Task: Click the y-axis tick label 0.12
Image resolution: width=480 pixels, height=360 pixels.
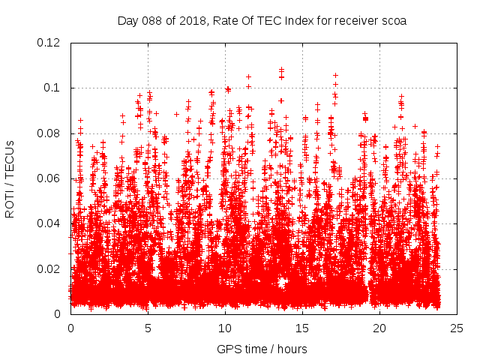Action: click(x=49, y=43)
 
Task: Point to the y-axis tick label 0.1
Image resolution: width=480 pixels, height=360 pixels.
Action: click(x=53, y=88)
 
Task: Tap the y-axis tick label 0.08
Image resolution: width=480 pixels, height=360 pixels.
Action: click(x=49, y=133)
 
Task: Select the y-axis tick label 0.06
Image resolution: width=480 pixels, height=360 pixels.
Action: click(x=49, y=178)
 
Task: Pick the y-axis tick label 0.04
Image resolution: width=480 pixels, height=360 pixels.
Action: click(x=49, y=223)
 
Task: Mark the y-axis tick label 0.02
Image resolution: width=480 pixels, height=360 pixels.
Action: click(x=49, y=268)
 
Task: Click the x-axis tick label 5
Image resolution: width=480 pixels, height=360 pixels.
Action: click(x=148, y=328)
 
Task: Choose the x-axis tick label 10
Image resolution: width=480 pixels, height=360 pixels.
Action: click(x=225, y=328)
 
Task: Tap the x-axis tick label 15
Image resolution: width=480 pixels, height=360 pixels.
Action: click(x=302, y=328)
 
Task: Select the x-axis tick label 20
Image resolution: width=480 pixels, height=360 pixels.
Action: click(x=379, y=328)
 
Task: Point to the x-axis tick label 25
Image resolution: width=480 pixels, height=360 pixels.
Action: click(x=457, y=328)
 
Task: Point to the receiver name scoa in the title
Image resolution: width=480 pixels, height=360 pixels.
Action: click(x=393, y=21)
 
